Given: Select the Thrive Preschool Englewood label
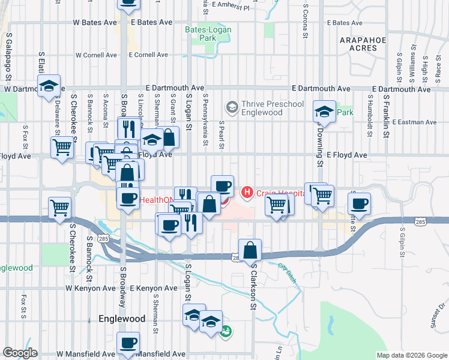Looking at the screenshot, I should pyautogui.click(x=261, y=108).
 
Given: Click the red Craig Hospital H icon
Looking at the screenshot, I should pyautogui.click(x=246, y=193).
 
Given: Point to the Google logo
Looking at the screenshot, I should pyautogui.click(x=20, y=353).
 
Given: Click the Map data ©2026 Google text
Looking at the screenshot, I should pyautogui.click(x=412, y=355).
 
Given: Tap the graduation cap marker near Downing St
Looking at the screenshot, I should pyautogui.click(x=324, y=112).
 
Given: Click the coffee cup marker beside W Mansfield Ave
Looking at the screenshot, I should pyautogui.click(x=128, y=343).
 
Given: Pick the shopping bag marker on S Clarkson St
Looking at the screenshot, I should pyautogui.click(x=250, y=250).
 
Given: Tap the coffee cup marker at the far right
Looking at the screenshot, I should pyautogui.click(x=359, y=203).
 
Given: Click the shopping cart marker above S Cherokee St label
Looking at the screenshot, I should pyautogui.click(x=59, y=208).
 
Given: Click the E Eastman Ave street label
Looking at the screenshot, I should pyautogui.click(x=414, y=122).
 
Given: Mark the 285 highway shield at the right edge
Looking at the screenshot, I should pyautogui.click(x=420, y=222).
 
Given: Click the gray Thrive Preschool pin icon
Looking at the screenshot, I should pyautogui.click(x=232, y=108).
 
